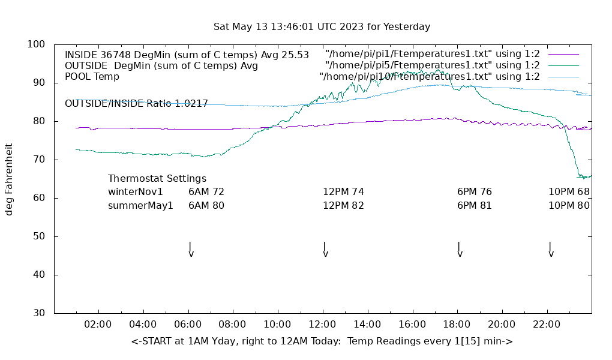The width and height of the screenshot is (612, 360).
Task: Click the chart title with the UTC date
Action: [322, 27]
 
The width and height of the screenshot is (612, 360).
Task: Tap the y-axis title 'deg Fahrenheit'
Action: [10, 179]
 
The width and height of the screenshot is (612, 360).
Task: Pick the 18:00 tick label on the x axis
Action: [457, 325]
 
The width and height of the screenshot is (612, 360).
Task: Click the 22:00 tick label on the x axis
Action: [547, 325]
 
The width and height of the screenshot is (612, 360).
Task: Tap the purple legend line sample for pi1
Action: [563, 55]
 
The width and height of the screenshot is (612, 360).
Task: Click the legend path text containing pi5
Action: [433, 65]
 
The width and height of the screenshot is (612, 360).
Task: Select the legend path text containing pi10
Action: [430, 76]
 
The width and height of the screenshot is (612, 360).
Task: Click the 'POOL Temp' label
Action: [92, 77]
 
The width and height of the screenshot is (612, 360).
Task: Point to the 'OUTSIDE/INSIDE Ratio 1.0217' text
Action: [136, 103]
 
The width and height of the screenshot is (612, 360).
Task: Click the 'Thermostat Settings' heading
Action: [157, 179]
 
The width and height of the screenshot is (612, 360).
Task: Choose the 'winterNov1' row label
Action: [136, 192]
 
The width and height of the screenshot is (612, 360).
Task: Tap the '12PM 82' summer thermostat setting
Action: [343, 205]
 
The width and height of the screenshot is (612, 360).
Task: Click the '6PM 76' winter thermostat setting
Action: [474, 192]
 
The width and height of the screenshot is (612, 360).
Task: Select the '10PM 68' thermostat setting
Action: [569, 192]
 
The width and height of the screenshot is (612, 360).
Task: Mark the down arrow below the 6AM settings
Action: [191, 250]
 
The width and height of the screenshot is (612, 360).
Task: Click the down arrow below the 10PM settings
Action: [551, 250]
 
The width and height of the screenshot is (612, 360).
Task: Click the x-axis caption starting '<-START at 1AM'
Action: [322, 341]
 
